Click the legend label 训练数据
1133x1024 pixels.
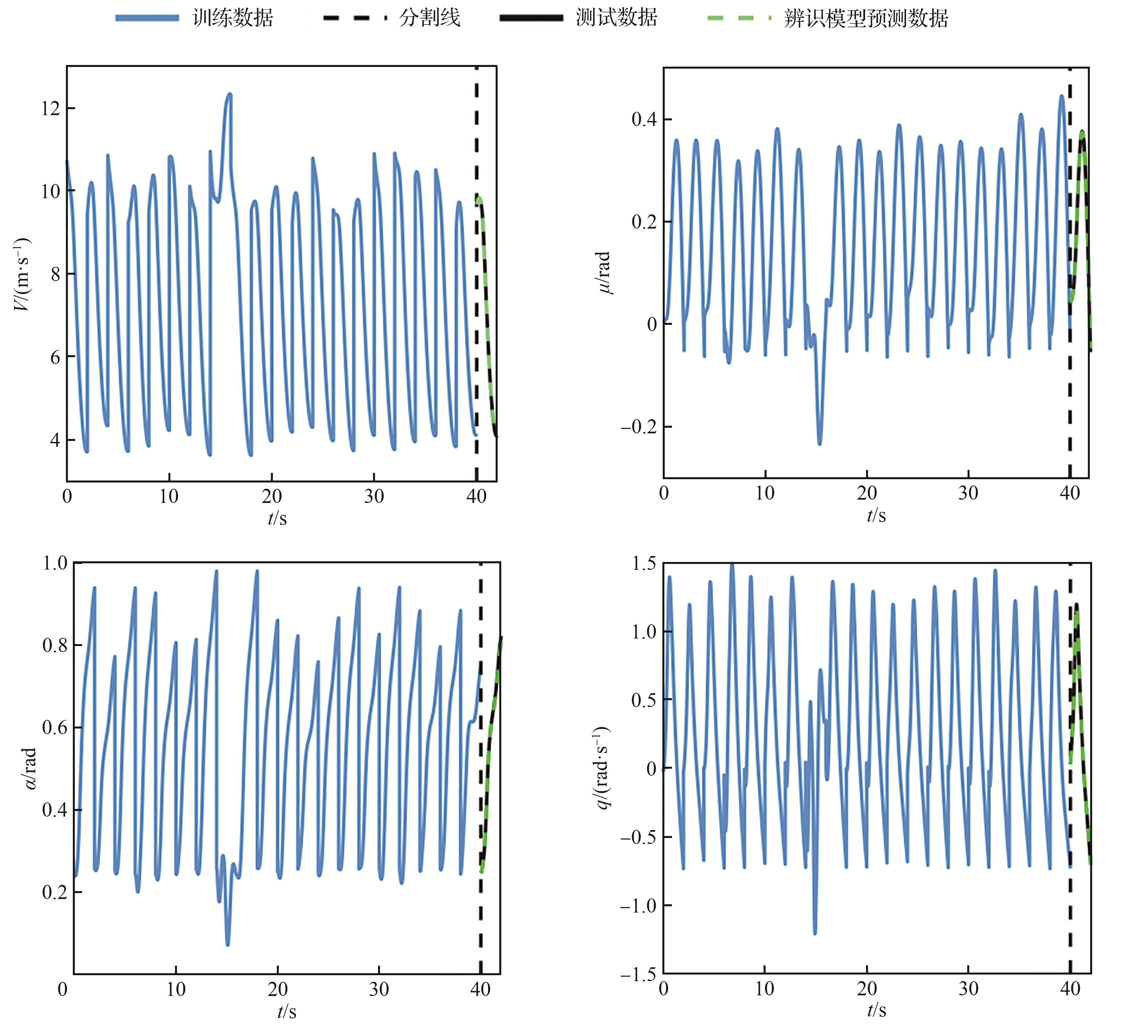(x=233, y=18)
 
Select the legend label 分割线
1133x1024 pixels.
(x=429, y=18)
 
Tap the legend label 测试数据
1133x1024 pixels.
(x=617, y=18)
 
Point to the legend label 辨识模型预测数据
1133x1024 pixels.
(x=866, y=18)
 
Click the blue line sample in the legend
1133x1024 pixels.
(x=147, y=18)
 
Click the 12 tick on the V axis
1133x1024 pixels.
(x=50, y=108)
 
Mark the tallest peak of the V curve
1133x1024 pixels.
(x=229, y=94)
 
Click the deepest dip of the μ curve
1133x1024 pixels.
(x=819, y=444)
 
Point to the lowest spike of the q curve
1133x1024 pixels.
(x=815, y=933)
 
